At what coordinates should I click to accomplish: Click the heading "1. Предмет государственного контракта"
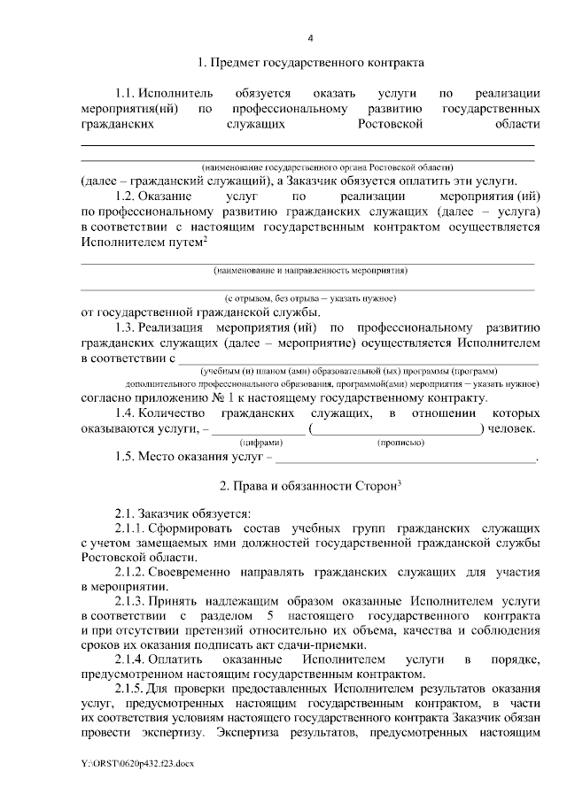[x=311, y=63]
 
